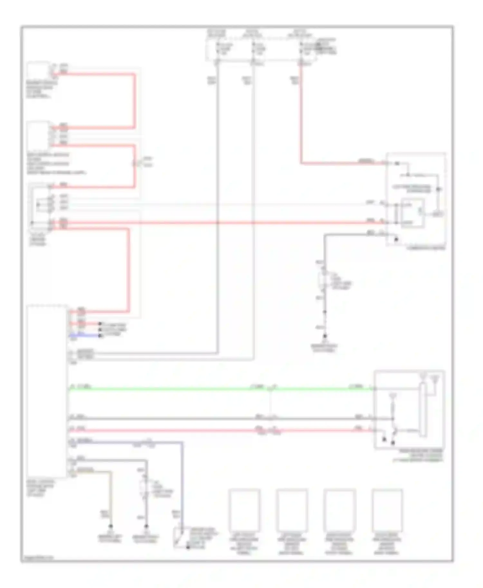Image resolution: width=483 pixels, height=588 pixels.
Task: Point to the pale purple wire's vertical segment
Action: pyautogui.click(x=182, y=482)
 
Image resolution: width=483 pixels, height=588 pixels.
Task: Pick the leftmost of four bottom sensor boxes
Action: pyautogui.click(x=244, y=510)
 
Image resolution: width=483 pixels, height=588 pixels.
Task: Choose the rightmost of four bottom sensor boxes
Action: pyautogui.click(x=387, y=510)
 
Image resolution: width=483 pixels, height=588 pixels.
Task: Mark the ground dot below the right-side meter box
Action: pyautogui.click(x=325, y=336)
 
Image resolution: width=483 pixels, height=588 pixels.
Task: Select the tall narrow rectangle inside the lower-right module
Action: pyautogui.click(x=421, y=410)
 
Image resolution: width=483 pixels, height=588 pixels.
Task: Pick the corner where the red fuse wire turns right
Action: pyautogui.click(x=301, y=163)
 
